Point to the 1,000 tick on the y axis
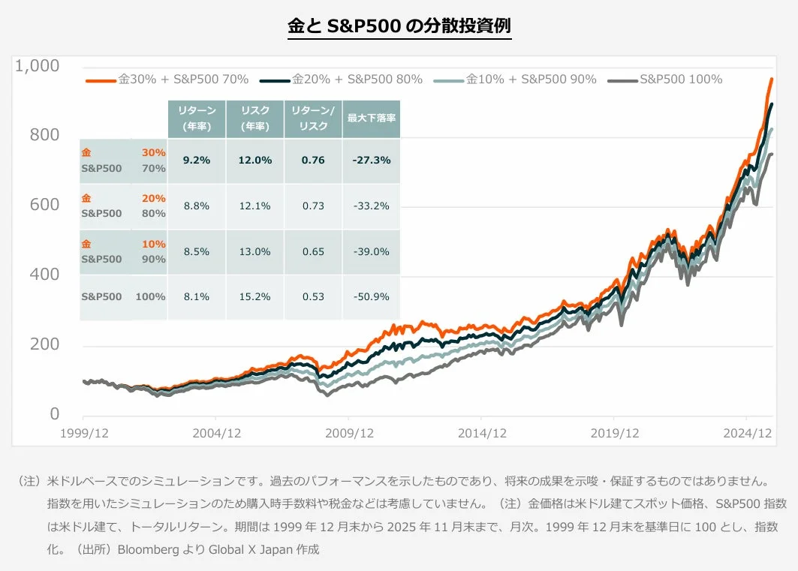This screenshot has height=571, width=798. click(x=37, y=66)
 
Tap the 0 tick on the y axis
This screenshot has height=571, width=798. click(x=55, y=414)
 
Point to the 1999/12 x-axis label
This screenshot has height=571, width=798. click(x=83, y=433)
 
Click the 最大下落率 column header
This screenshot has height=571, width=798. click(x=371, y=119)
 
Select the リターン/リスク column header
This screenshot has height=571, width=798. click(x=313, y=119)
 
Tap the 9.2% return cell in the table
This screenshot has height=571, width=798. click(x=197, y=160)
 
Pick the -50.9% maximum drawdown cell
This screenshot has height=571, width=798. click(x=371, y=296)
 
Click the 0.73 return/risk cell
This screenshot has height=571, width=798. click(x=313, y=206)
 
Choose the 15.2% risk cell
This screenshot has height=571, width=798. click(x=255, y=296)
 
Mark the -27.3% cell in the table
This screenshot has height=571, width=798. click(x=371, y=160)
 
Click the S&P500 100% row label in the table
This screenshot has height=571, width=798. click(x=123, y=296)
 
